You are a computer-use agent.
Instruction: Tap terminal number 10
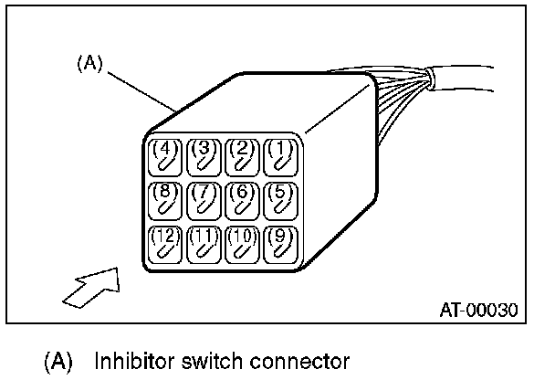[x=241, y=244]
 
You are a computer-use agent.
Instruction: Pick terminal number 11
[x=203, y=244]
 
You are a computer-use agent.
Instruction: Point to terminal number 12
[x=164, y=244]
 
